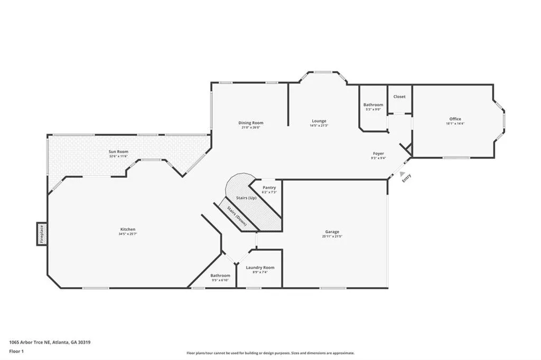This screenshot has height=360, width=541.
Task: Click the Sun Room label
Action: [x=118, y=151]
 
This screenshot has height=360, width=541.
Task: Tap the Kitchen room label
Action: [x=128, y=229]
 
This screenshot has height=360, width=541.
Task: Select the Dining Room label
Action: [x=250, y=122]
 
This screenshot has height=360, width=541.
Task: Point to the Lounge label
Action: [x=319, y=121]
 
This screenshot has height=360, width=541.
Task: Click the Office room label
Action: [x=455, y=119]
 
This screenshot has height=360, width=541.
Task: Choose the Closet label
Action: [x=399, y=97]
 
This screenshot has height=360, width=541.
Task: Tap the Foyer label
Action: [x=378, y=153]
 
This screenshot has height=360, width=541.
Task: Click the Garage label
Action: [x=332, y=232]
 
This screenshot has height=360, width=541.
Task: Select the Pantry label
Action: [x=269, y=187]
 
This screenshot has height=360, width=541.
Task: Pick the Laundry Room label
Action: [x=260, y=268]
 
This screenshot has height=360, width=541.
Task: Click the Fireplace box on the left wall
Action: [x=41, y=234]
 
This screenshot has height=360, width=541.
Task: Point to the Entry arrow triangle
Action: [x=402, y=174]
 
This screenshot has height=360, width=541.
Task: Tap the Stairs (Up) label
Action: [x=246, y=197]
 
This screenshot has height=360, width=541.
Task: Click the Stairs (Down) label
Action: [x=237, y=216]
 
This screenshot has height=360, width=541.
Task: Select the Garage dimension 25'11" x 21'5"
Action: [x=332, y=236]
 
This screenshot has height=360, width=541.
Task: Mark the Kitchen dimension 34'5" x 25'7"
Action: [x=128, y=234]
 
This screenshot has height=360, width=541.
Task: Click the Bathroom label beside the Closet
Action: [x=373, y=105]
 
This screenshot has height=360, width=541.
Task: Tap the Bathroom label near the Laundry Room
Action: [x=220, y=276]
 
